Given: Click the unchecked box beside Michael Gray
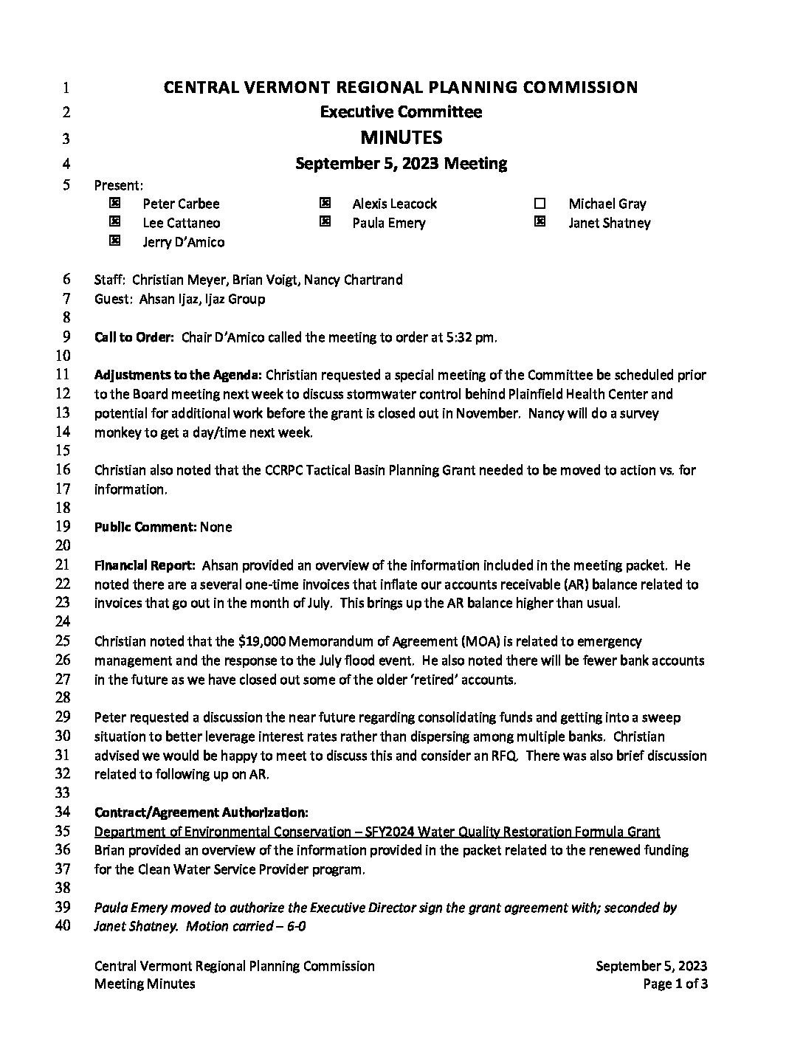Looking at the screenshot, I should coord(540,204).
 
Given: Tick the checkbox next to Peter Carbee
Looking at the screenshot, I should coord(114,203).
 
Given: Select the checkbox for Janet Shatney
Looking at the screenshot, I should coord(540,221).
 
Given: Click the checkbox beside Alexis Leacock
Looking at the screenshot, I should coord(324,203).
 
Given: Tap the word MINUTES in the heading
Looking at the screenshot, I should coord(401,137).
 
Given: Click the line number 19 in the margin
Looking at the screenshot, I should coord(64,526).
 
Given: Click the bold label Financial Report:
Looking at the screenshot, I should coord(145,565).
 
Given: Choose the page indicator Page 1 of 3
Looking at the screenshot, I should coord(675,984).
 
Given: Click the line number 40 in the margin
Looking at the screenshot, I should coord(64,925).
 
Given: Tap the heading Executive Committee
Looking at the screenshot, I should coord(401,112).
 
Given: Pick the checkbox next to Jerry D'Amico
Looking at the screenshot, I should coord(114,241).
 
